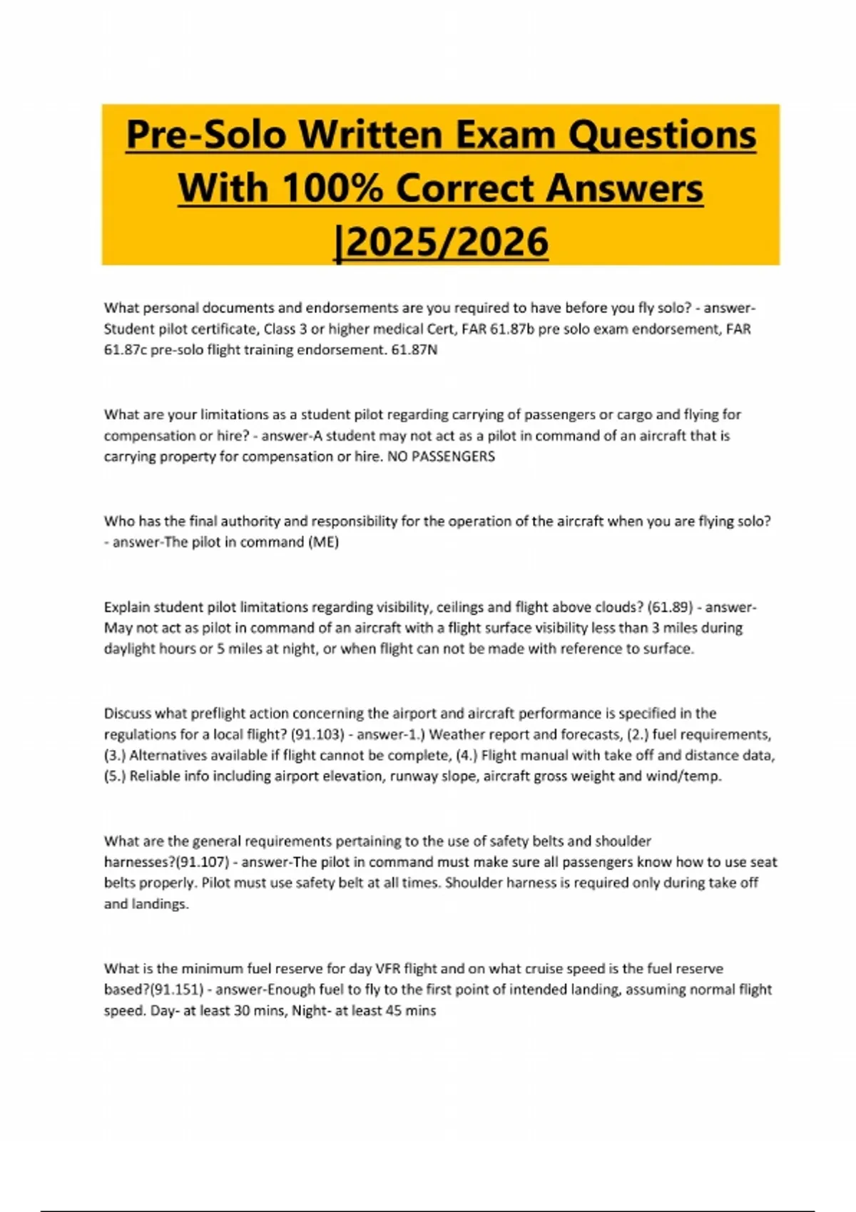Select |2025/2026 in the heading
(x=442, y=242)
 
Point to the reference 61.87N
(x=414, y=350)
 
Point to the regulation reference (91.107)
(x=203, y=862)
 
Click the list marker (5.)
(x=115, y=776)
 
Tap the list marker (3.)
(x=115, y=756)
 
